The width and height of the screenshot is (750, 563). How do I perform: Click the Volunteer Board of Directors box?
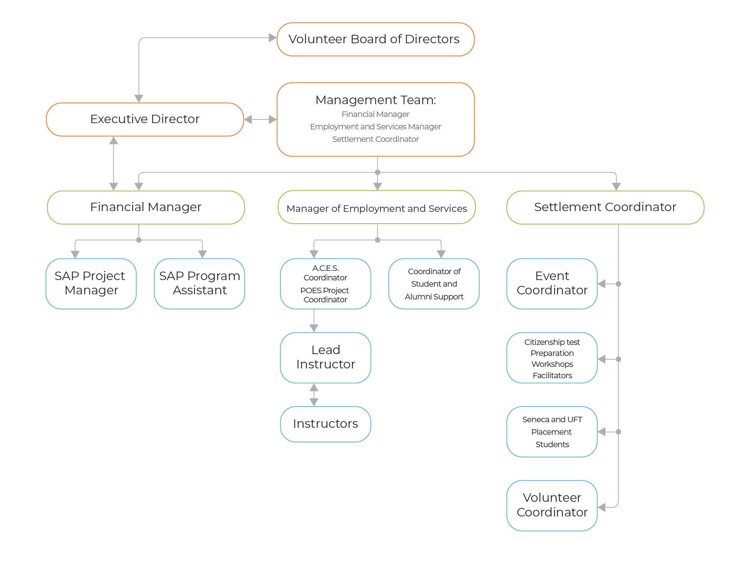(375, 39)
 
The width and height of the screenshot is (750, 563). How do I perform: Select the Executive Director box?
(145, 119)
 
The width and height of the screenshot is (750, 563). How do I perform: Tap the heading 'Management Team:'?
(375, 100)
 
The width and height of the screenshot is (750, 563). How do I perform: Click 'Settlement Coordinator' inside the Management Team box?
(375, 139)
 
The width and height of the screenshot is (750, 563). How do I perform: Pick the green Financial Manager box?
(146, 207)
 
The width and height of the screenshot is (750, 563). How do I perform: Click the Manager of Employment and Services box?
(376, 208)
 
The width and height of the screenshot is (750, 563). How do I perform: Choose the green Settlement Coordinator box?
(605, 207)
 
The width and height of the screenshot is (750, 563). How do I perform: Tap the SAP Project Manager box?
(91, 283)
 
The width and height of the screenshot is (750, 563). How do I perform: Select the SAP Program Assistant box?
(200, 283)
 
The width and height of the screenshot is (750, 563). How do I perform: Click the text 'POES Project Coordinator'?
(325, 295)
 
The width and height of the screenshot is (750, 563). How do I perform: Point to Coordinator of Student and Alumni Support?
(434, 284)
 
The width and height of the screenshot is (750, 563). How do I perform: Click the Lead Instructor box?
(326, 357)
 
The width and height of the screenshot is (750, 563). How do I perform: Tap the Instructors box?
(326, 424)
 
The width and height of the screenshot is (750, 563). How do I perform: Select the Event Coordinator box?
(552, 283)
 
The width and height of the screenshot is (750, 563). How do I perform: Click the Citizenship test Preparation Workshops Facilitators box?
(552, 358)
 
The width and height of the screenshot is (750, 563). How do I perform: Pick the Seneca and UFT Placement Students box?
(552, 432)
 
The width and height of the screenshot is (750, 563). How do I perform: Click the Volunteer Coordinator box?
(552, 505)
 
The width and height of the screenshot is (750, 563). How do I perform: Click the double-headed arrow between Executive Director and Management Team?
(260, 119)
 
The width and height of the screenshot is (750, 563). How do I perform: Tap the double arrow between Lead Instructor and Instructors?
(314, 395)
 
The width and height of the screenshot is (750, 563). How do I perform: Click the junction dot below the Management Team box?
(378, 172)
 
